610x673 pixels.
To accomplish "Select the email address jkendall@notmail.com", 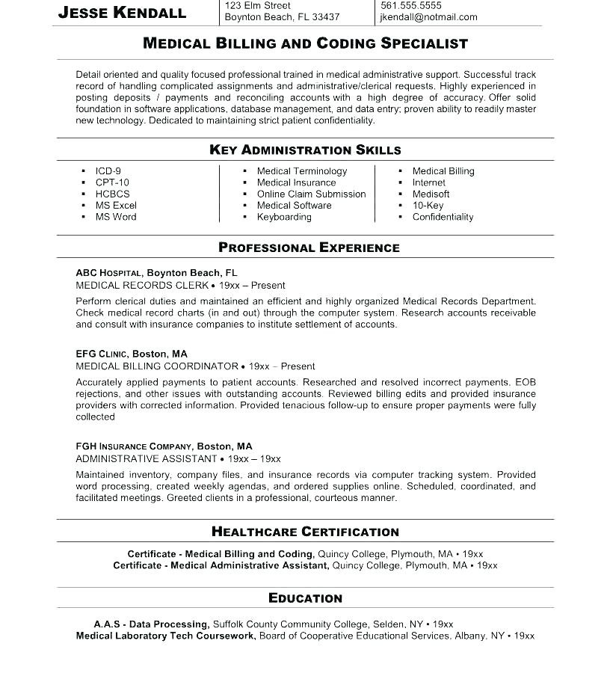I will tap(428, 17).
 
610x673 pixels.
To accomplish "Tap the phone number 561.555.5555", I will tap(410, 5).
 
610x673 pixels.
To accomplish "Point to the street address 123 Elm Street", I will tap(258, 5).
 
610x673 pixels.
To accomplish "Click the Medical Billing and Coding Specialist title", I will tap(305, 43).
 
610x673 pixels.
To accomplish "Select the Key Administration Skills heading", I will tap(305, 150).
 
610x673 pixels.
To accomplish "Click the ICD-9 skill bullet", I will tap(108, 171).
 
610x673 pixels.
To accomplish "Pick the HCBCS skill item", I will tap(112, 194).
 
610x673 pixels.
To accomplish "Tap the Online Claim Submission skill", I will tap(311, 194).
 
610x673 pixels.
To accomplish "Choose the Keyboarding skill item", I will tap(284, 218).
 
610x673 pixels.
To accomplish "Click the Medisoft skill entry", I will tap(431, 194).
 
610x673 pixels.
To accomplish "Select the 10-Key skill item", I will tap(428, 206).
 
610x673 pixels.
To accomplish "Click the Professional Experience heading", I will tap(309, 248).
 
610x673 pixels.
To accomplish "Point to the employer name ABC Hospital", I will tap(108, 274).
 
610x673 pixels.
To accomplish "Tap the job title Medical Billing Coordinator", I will tap(157, 367).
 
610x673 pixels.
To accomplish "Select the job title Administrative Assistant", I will tap(147, 459).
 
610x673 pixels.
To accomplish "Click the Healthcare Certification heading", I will tap(305, 532).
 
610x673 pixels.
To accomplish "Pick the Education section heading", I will tap(305, 598).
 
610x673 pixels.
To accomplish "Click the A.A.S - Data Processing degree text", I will tap(151, 624).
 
